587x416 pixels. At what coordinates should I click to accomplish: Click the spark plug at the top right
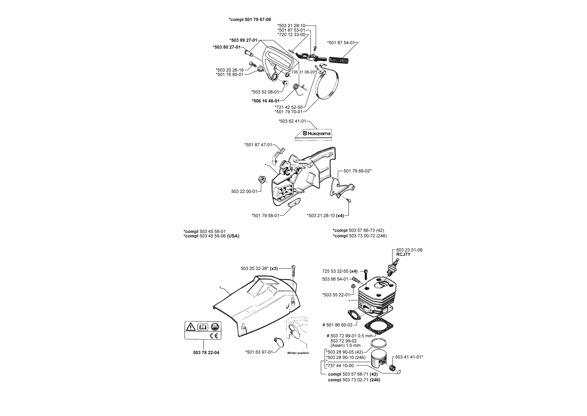392,268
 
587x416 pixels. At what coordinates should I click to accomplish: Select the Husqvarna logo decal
313,134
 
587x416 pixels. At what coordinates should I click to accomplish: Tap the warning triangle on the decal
191,326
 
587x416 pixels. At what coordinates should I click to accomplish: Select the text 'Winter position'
298,353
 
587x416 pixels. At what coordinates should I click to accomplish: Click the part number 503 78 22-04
206,353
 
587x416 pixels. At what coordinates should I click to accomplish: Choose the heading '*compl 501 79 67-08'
250,20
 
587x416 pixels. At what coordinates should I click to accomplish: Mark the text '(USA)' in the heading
233,236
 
